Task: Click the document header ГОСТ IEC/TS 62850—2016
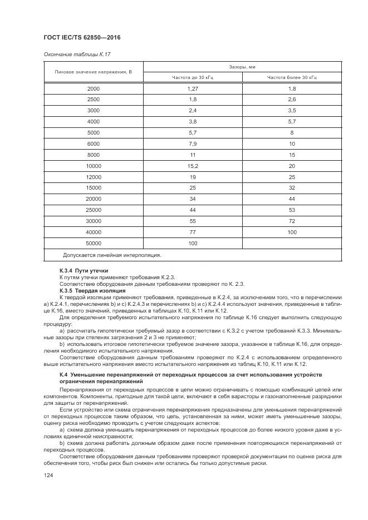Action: [x=82, y=37]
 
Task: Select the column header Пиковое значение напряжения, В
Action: [x=93, y=72]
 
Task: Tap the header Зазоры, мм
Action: [x=242, y=67]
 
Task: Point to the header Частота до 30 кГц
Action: [x=193, y=78]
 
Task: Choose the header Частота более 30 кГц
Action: [x=292, y=78]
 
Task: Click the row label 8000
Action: [x=94, y=155]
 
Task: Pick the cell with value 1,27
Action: [x=193, y=89]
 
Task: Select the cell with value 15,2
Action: [x=193, y=166]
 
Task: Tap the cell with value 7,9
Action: [x=193, y=143]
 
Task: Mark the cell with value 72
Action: [x=292, y=221]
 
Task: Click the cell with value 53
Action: [x=292, y=210]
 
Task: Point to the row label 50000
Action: [x=94, y=243]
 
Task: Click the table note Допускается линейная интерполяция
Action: [x=112, y=255]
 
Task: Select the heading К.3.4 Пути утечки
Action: [x=84, y=271]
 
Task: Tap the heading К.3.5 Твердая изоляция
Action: [x=92, y=290]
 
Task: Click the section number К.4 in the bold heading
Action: [x=63, y=375]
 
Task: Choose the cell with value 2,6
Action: [x=292, y=100]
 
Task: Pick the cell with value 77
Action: [x=193, y=232]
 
